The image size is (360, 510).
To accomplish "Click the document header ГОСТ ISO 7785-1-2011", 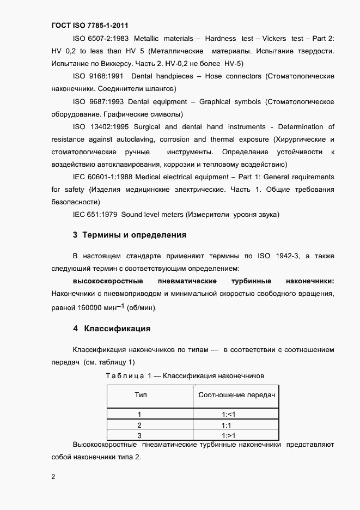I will (x=90, y=25).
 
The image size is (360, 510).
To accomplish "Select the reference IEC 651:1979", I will (x=95, y=215).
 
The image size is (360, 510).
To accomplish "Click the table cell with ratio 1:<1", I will (x=228, y=414).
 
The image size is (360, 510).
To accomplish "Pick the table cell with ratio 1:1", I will (x=228, y=425).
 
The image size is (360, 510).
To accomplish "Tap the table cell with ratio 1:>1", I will (x=228, y=435).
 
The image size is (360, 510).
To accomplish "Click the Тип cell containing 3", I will (x=139, y=435).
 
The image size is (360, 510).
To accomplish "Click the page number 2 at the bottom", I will (x=53, y=477).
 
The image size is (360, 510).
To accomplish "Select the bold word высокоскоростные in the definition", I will (x=107, y=281).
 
